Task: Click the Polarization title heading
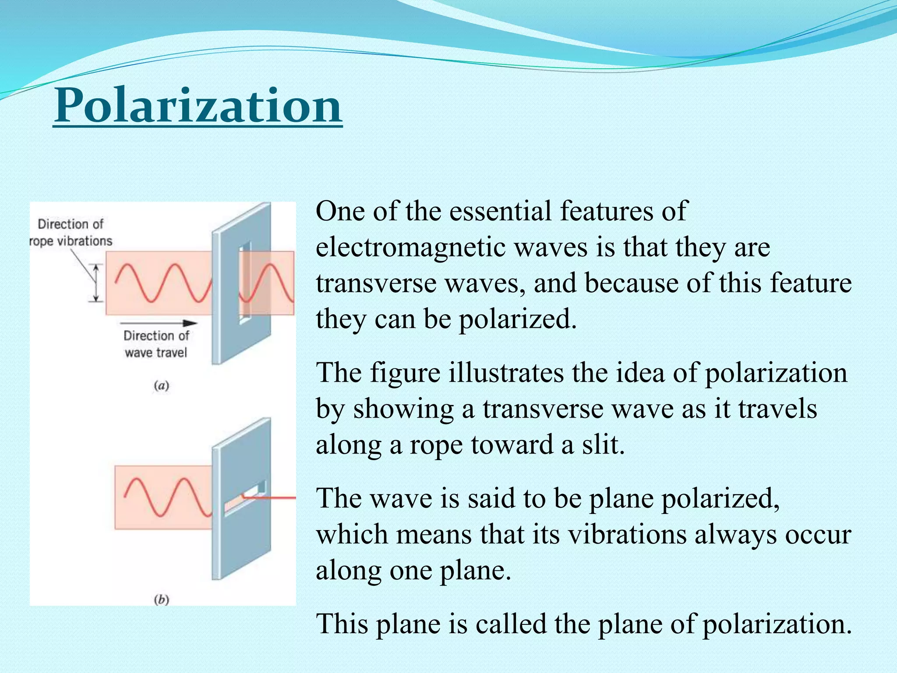click(198, 106)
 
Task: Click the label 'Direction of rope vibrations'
click(71, 233)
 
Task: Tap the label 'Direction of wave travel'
click(156, 344)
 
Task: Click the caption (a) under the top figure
click(162, 386)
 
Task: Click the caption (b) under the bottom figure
click(162, 599)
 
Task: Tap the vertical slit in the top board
click(244, 283)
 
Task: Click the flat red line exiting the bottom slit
click(276, 498)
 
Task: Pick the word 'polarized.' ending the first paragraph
click(517, 319)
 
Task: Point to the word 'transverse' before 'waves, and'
click(376, 283)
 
